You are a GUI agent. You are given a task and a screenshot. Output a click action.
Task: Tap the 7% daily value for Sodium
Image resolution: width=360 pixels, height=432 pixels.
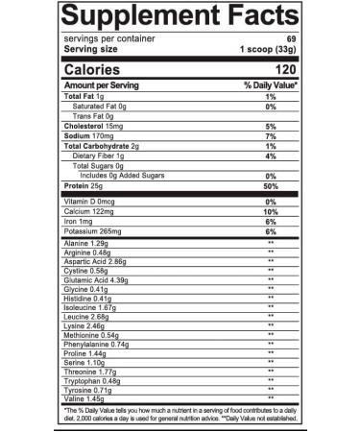coord(272,136)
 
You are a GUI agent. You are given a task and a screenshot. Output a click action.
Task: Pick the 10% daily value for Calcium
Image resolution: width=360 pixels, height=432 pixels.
coord(271,212)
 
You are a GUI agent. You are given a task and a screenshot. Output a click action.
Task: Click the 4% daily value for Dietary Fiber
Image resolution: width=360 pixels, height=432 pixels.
coord(272,156)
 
